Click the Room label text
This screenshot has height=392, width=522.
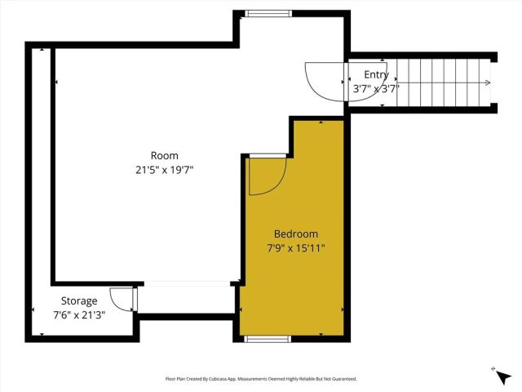tap(164, 156)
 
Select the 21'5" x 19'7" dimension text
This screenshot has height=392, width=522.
tap(164, 170)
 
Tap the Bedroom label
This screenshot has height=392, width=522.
tap(296, 234)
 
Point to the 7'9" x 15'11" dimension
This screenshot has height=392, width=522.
tap(296, 247)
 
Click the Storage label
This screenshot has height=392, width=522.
tap(79, 301)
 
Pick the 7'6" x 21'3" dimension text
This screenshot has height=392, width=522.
tap(79, 314)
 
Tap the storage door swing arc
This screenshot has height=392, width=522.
tap(121, 300)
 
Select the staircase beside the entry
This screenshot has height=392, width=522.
tap(440, 82)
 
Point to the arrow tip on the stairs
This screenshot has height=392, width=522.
tap(488, 82)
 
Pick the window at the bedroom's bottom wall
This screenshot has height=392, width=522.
tap(266, 337)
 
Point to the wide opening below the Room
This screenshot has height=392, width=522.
tap(187, 283)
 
